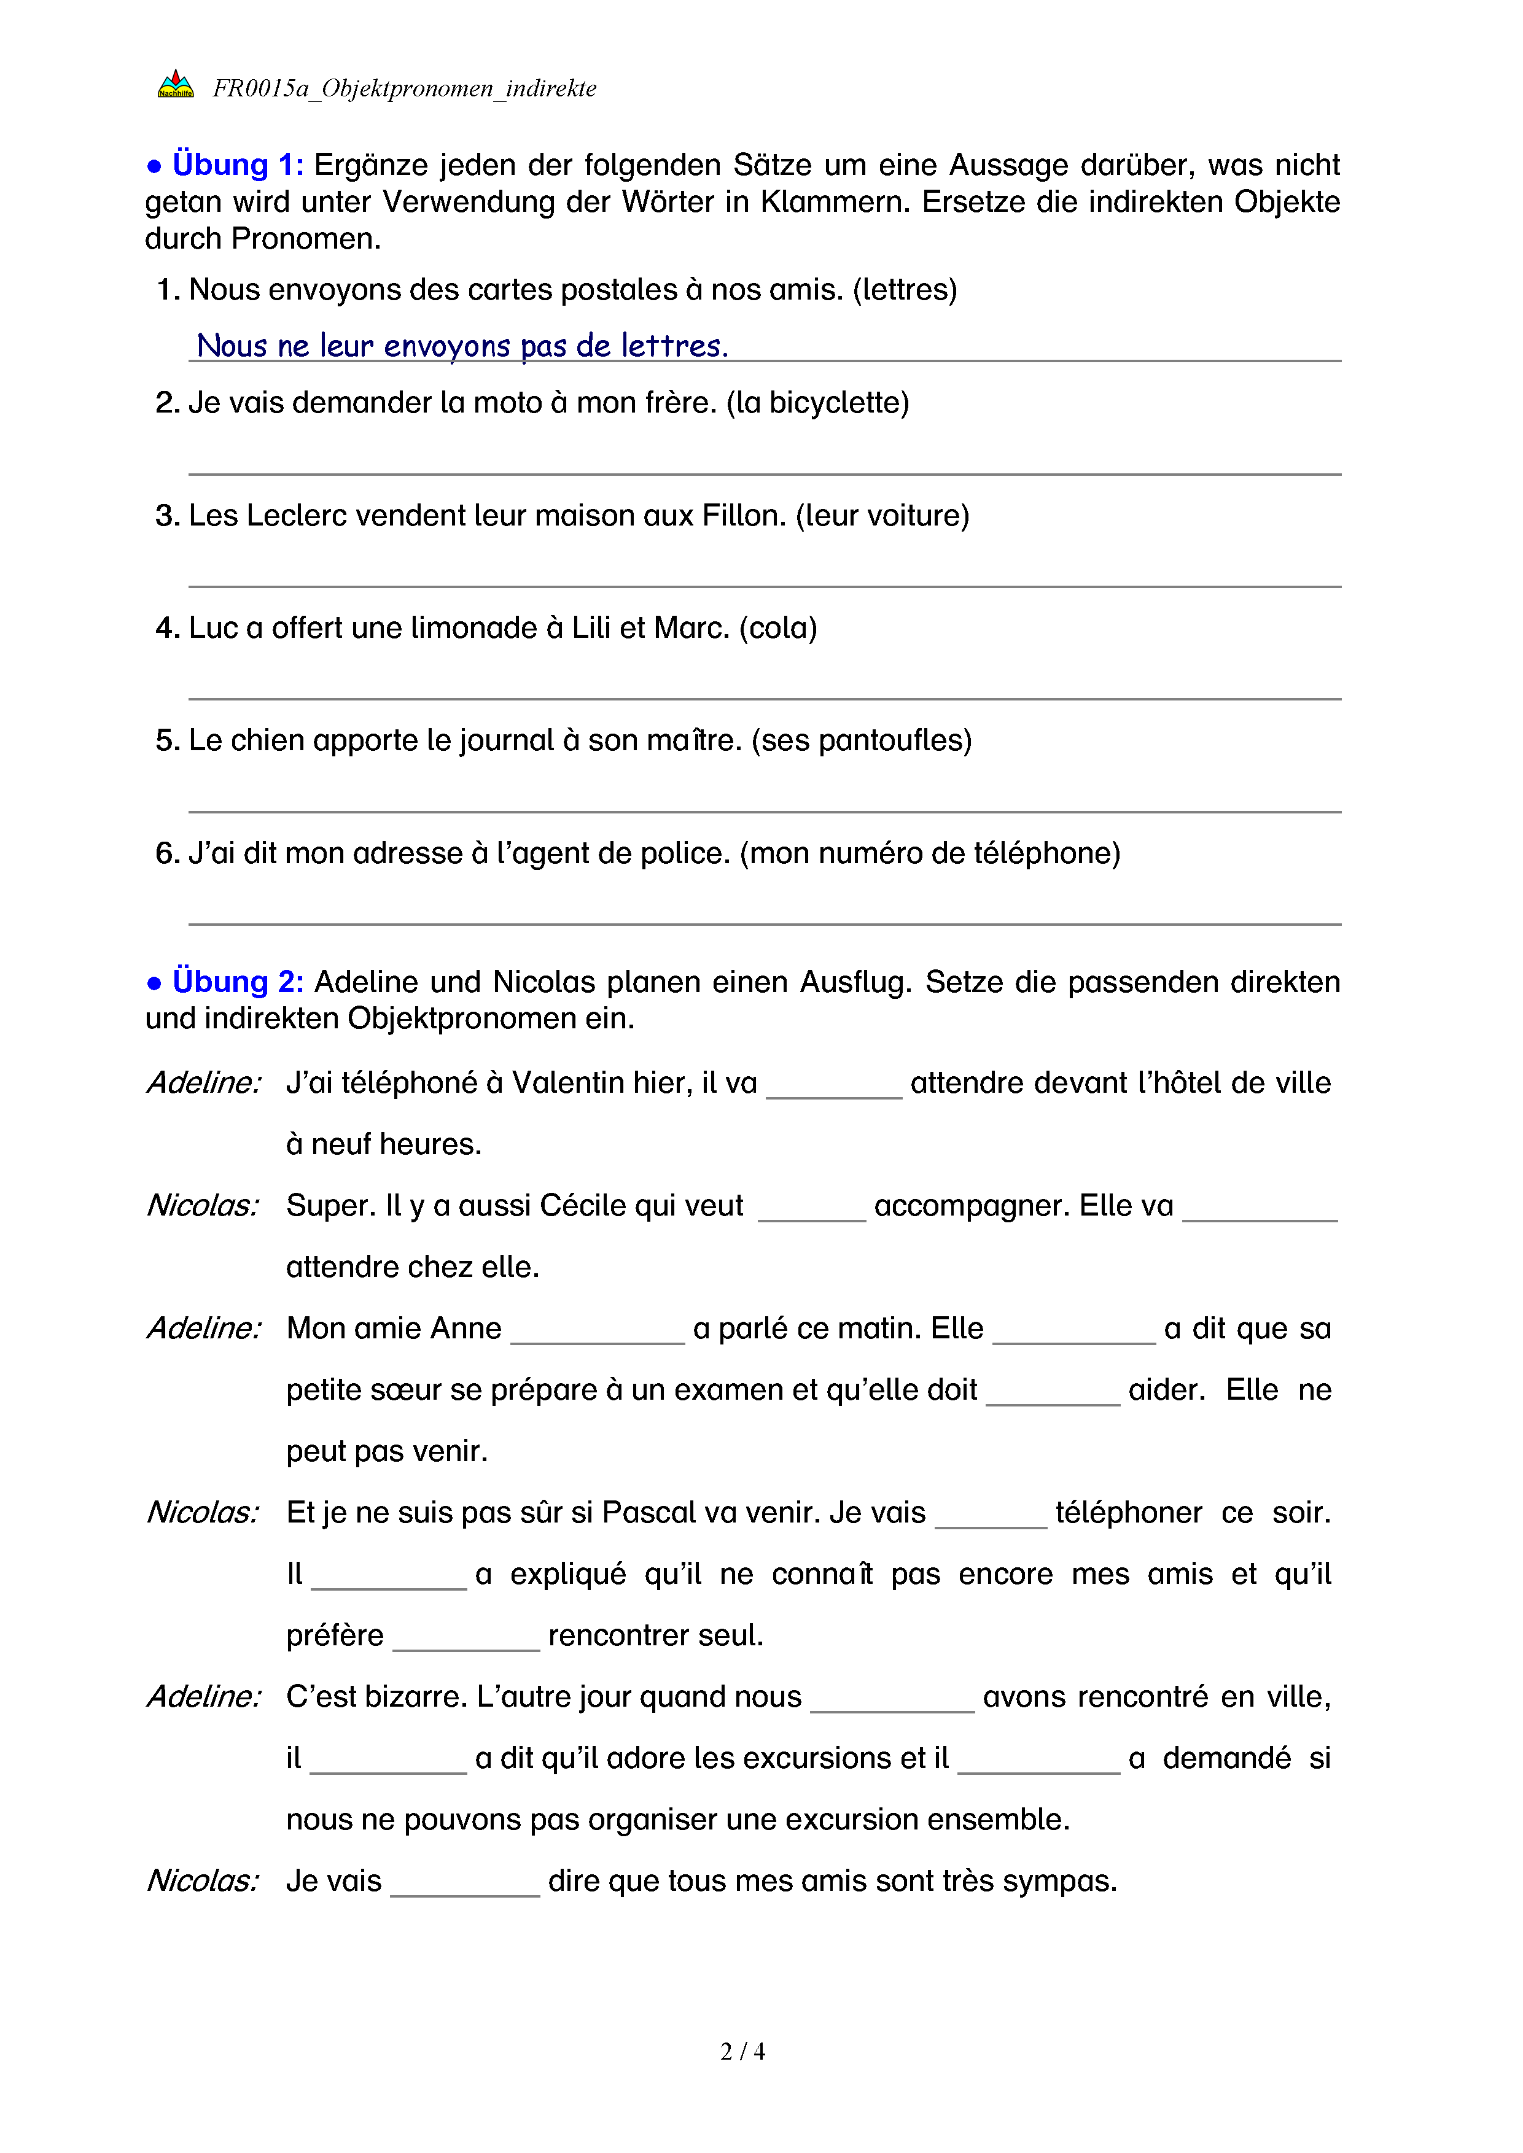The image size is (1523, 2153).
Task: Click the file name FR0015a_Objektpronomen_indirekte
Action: pos(404,88)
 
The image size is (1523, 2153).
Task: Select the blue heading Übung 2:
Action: pos(237,981)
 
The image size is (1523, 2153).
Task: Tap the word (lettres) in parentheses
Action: pos(905,290)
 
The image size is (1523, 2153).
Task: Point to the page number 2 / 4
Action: pos(742,2052)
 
